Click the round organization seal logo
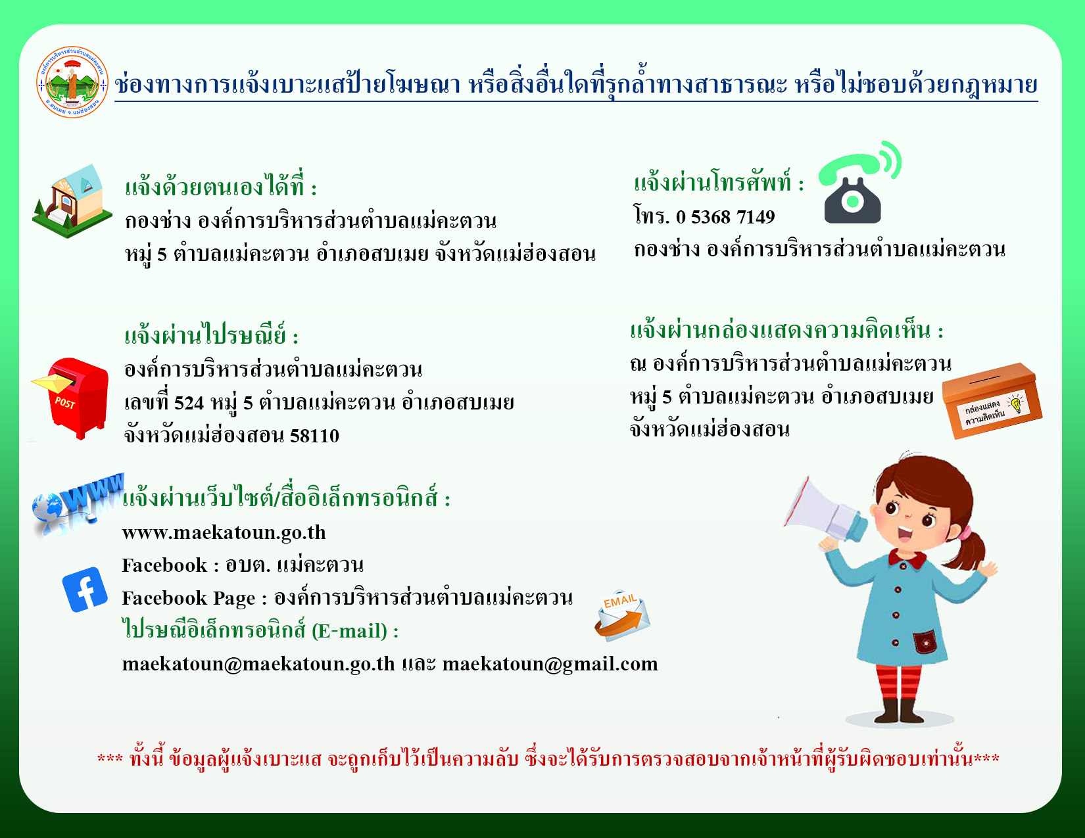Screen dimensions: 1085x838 point(72,82)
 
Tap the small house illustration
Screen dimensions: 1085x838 point(72,201)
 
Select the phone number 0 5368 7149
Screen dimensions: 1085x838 point(725,217)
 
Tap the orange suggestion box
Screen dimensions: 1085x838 point(992,401)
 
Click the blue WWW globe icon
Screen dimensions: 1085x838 point(78,504)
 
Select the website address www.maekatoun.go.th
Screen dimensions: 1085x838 point(224,533)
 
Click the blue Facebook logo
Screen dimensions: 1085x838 point(85,590)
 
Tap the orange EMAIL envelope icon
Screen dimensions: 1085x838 point(622,615)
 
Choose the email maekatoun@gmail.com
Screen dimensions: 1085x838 point(550,664)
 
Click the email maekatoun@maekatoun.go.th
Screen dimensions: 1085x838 point(258,664)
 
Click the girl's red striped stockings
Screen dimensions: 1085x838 point(899,682)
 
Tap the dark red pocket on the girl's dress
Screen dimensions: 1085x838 point(925,642)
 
